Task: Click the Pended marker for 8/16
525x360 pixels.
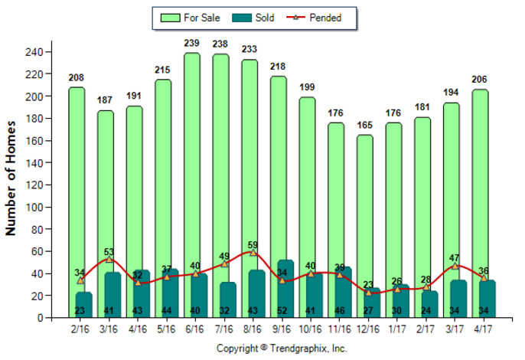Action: tap(253, 252)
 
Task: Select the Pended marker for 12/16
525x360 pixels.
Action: tap(368, 292)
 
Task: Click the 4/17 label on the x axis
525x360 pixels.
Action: tap(482, 329)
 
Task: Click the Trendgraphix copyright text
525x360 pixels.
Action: tap(282, 349)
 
